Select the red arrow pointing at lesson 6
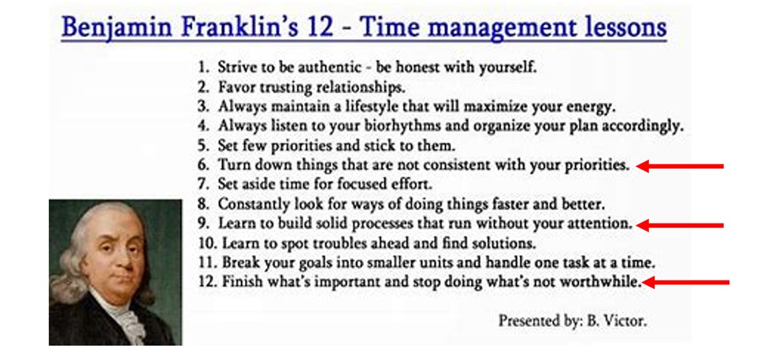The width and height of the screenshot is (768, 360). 680,166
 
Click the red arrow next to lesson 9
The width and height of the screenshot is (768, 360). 680,225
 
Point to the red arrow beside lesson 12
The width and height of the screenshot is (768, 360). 686,283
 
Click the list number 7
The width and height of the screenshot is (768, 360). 203,184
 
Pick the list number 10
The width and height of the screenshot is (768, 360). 206,243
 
